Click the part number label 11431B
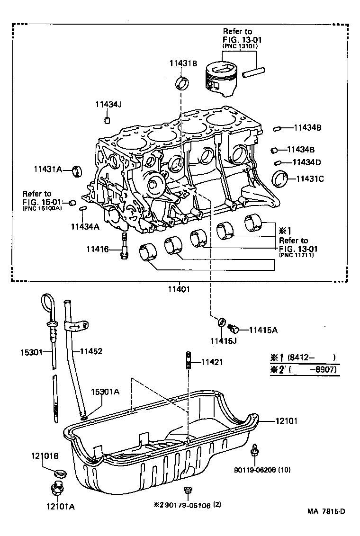coord(183,63)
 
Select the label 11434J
coord(108,105)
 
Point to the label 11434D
coord(306,162)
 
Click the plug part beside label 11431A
coord(77,170)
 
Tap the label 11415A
coord(263,330)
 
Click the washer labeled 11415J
coord(222,322)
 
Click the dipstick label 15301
coord(32,352)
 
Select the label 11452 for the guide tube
coord(91,351)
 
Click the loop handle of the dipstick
coord(48,303)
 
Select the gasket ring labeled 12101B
coord(60,473)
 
